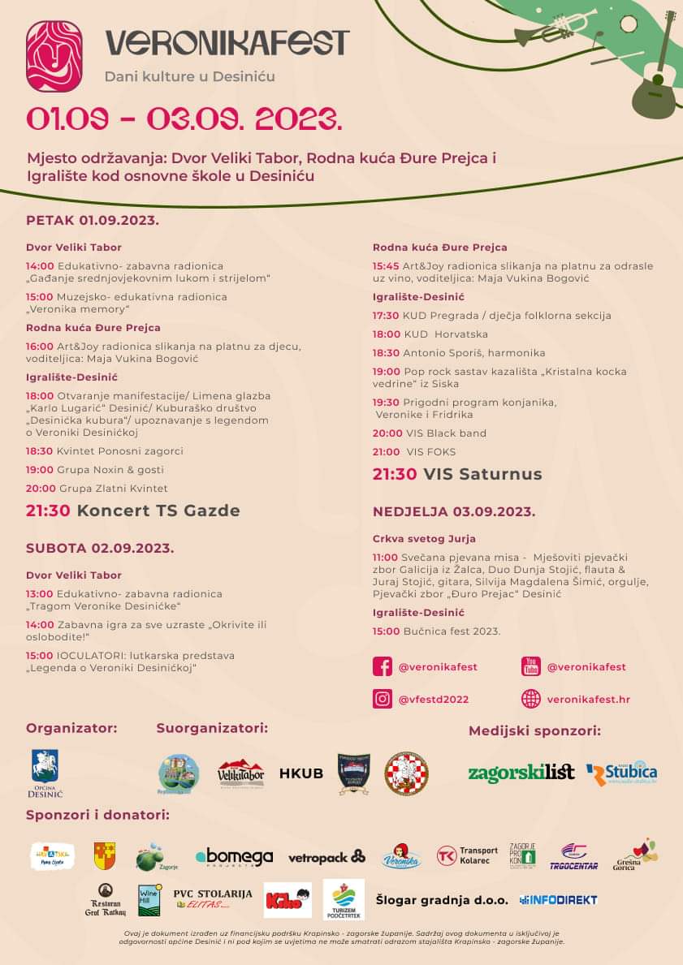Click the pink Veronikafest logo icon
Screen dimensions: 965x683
(x=54, y=55)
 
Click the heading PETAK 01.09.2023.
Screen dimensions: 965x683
(x=93, y=220)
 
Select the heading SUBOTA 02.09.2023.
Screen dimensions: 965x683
(x=100, y=548)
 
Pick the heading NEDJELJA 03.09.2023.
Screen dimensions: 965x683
(x=454, y=511)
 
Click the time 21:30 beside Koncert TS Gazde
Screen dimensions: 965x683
(x=50, y=511)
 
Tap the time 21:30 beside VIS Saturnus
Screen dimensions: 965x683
(x=395, y=474)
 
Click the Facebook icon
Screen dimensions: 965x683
(x=383, y=667)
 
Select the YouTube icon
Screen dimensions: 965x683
(x=531, y=667)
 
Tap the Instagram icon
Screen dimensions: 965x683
(x=383, y=699)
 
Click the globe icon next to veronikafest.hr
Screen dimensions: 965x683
(x=531, y=699)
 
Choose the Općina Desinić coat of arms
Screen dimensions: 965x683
(x=45, y=771)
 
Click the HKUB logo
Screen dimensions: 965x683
(x=301, y=773)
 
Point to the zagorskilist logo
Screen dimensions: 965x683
(x=521, y=773)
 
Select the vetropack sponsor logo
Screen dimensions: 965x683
(x=326, y=857)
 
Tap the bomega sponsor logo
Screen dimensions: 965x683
(x=234, y=857)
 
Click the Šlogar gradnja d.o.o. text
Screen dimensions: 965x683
(x=442, y=900)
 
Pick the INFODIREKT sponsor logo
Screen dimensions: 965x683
(x=559, y=900)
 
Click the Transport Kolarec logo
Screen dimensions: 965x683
(x=467, y=856)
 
